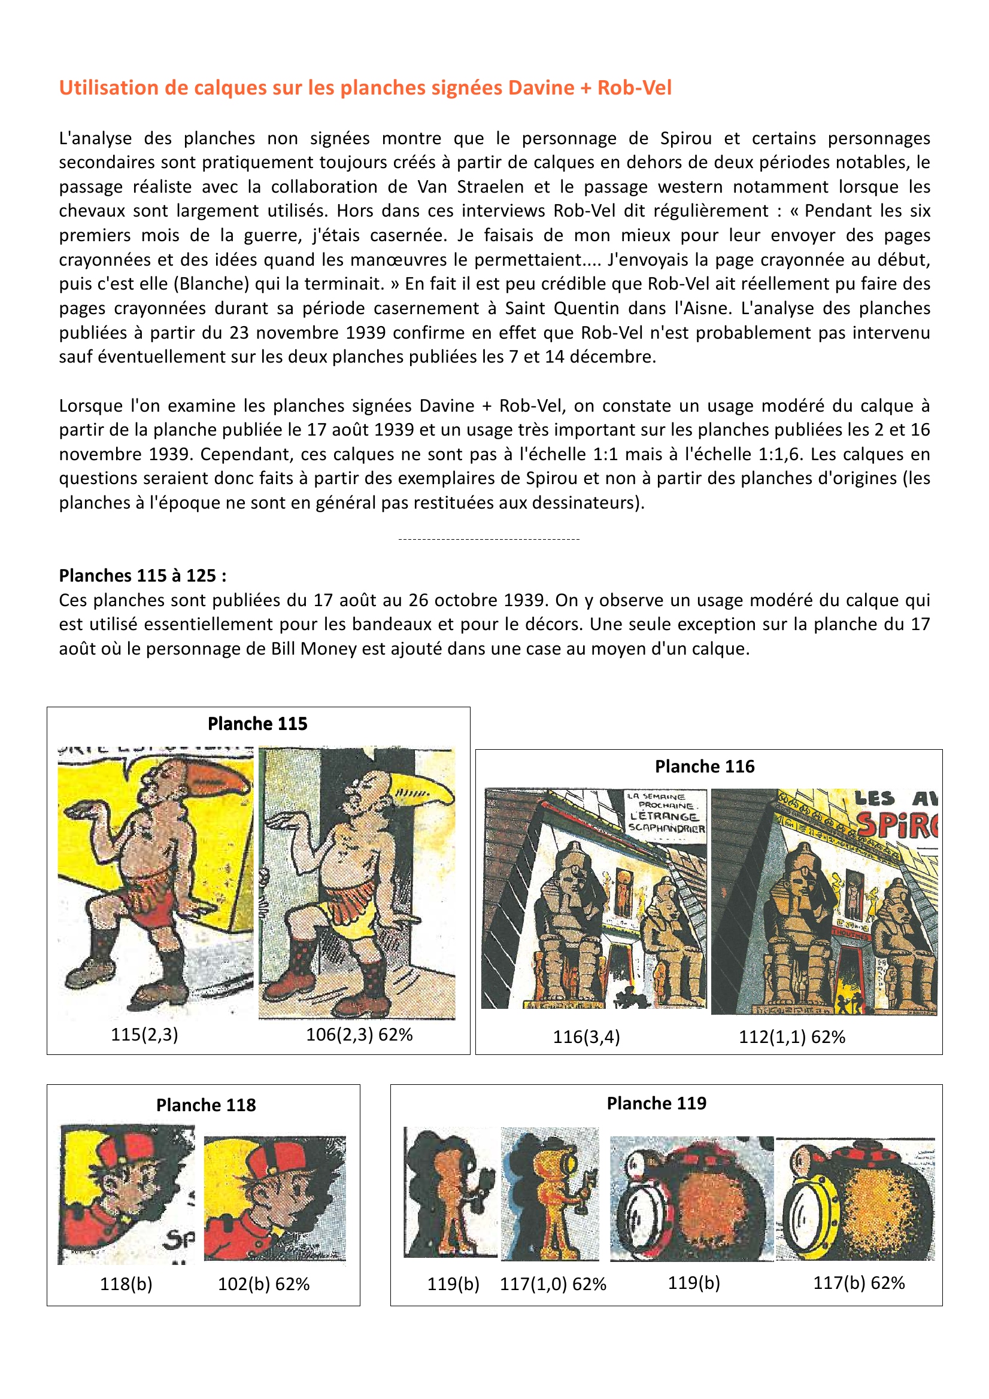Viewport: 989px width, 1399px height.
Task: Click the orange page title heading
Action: (365, 88)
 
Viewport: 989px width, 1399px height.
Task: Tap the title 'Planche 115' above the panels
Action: (257, 723)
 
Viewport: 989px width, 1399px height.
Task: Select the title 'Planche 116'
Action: (704, 766)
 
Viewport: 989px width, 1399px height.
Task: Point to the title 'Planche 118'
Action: (205, 1105)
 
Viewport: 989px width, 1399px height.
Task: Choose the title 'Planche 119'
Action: (656, 1103)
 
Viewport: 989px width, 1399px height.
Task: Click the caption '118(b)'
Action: (126, 1284)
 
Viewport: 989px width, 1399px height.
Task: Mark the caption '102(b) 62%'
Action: (263, 1284)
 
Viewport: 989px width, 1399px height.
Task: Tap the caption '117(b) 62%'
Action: (858, 1283)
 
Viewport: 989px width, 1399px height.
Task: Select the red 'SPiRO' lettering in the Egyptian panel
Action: (896, 825)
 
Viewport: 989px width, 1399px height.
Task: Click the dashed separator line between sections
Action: (489, 539)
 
